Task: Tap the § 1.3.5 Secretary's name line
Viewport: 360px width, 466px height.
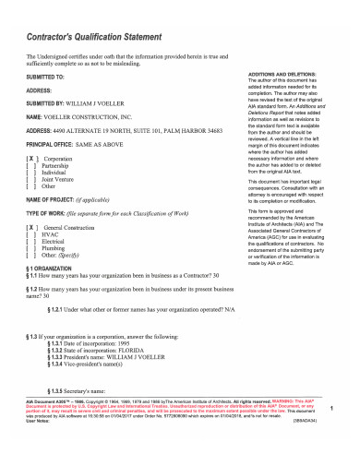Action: [x=87, y=392]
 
